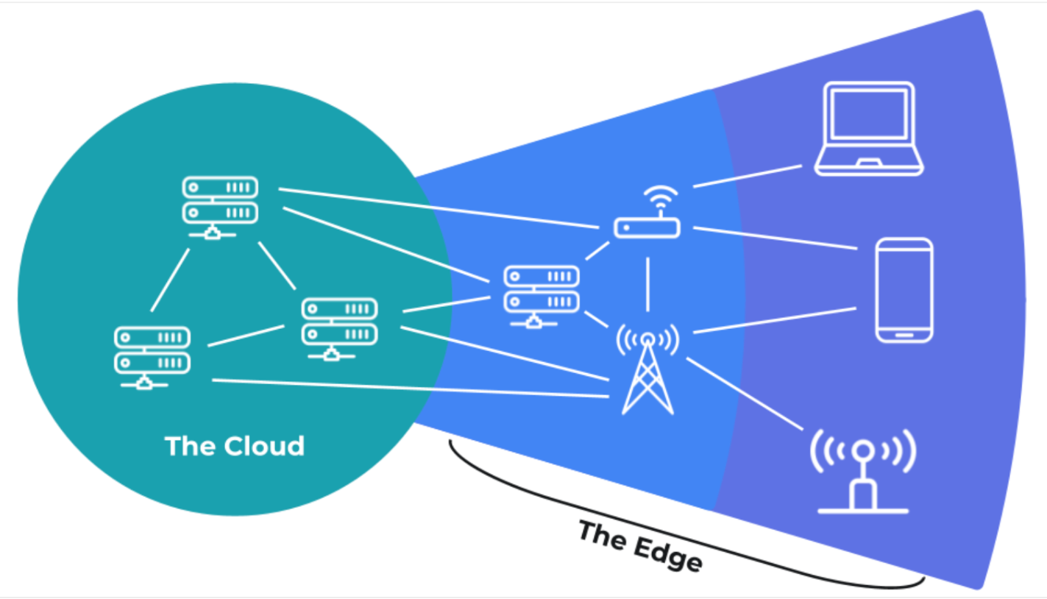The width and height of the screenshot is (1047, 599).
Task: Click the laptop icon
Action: click(869, 129)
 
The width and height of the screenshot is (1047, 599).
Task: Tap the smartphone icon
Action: click(904, 291)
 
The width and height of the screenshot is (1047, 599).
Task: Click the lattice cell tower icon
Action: click(647, 369)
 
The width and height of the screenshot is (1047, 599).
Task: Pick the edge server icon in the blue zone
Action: click(542, 297)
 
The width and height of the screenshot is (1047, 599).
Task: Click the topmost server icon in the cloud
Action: click(220, 208)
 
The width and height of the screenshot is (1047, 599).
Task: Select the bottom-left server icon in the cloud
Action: click(152, 358)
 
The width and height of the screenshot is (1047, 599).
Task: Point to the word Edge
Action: click(668, 554)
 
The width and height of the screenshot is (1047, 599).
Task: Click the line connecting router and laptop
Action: click(748, 177)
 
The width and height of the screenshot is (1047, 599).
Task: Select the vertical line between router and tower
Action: click(647, 284)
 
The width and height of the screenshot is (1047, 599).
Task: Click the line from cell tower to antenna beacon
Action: click(745, 394)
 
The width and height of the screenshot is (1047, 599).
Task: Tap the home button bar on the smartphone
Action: click(904, 335)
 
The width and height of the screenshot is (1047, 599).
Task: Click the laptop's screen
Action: click(869, 115)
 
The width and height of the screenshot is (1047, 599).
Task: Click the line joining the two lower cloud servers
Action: click(246, 336)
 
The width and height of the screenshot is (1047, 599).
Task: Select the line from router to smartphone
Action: click(775, 238)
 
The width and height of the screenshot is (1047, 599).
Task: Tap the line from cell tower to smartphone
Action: click(775, 320)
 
